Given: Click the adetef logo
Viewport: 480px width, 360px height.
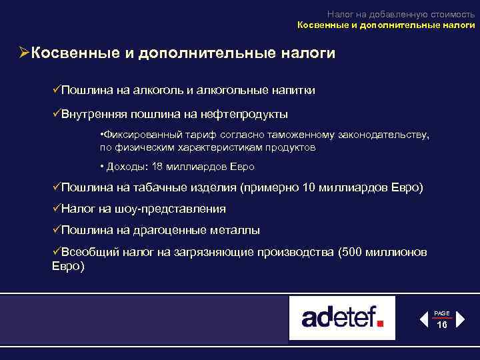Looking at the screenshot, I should point(342,318).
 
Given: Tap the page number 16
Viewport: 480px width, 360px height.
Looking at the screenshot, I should point(442,324).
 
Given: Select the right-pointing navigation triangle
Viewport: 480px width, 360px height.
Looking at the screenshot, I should point(461,319).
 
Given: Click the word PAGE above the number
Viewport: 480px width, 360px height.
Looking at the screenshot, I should point(442,313).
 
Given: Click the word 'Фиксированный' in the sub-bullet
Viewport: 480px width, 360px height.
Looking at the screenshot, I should point(139,135).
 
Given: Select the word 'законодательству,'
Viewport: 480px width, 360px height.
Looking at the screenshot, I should point(385,135).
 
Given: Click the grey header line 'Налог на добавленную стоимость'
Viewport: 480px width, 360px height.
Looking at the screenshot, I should point(401,13).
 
